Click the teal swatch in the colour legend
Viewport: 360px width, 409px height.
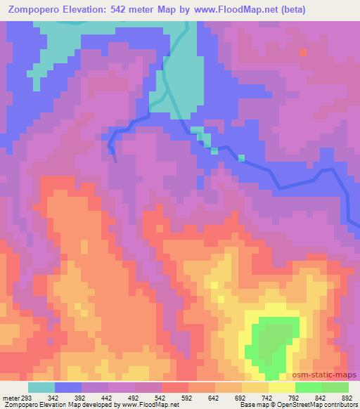click(x=41, y=387)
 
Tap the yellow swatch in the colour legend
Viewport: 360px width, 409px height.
click(x=282, y=387)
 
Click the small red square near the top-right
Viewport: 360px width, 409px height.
click(x=304, y=52)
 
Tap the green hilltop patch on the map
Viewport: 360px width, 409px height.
click(x=270, y=341)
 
